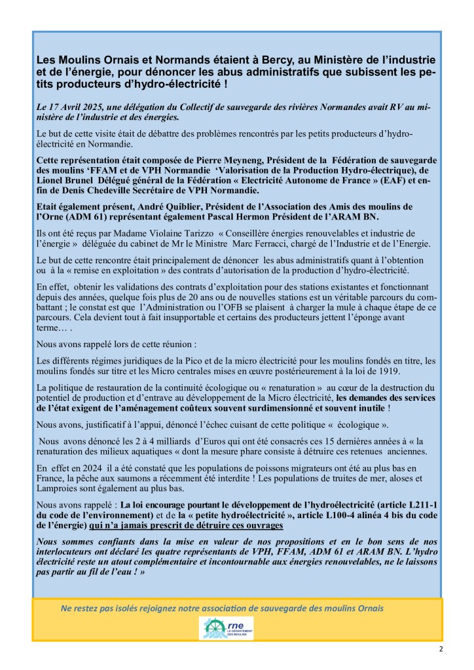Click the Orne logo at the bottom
(226, 627)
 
